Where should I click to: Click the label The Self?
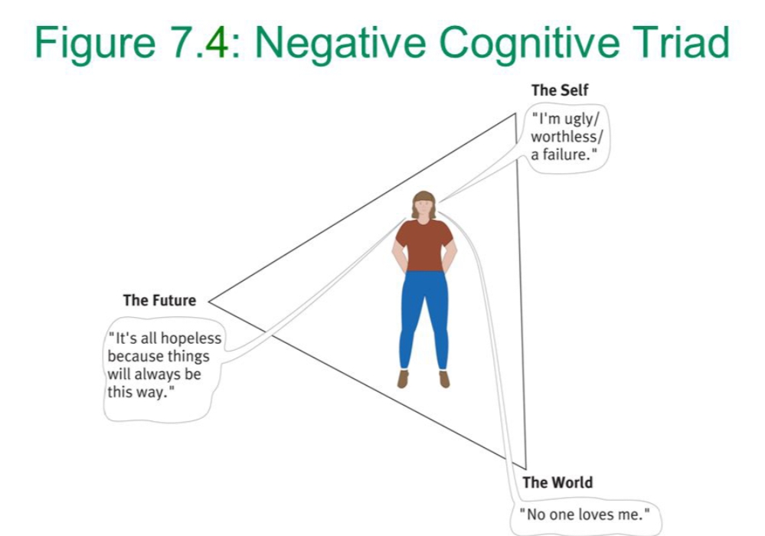coord(560,90)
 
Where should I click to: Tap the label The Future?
coord(159,301)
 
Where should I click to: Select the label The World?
coord(557,482)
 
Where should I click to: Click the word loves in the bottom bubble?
coord(595,514)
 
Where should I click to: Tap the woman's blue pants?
coord(423,314)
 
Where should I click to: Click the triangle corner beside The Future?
coord(210,302)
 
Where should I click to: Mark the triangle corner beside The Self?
coord(516,115)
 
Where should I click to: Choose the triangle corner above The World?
coord(525,468)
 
